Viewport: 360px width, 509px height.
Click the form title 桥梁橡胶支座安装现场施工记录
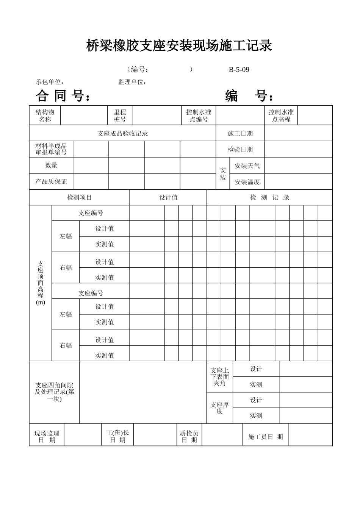click(x=179, y=46)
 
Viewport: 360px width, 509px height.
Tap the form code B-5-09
click(x=239, y=70)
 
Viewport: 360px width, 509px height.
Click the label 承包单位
click(x=50, y=82)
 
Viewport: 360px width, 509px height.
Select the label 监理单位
click(x=132, y=82)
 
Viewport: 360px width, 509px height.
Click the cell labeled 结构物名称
click(x=45, y=116)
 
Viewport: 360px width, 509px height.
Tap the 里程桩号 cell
click(x=120, y=116)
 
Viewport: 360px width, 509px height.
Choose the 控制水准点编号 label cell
click(x=199, y=116)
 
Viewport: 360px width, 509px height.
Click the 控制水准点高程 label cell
click(x=281, y=116)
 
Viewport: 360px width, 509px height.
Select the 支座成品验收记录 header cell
click(x=122, y=133)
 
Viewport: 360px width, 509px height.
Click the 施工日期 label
click(x=240, y=133)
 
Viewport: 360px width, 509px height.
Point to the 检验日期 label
click(x=240, y=150)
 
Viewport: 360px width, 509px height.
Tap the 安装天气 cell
click(x=247, y=166)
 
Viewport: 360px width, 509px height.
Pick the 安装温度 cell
click(x=247, y=182)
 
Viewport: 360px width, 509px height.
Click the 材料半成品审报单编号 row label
click(x=51, y=150)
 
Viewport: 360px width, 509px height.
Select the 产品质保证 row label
click(x=51, y=182)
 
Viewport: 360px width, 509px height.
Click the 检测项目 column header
click(x=80, y=198)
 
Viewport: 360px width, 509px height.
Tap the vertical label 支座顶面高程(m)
click(x=41, y=283)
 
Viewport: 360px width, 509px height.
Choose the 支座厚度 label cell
click(x=220, y=408)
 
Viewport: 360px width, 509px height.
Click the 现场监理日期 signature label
click(x=47, y=437)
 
